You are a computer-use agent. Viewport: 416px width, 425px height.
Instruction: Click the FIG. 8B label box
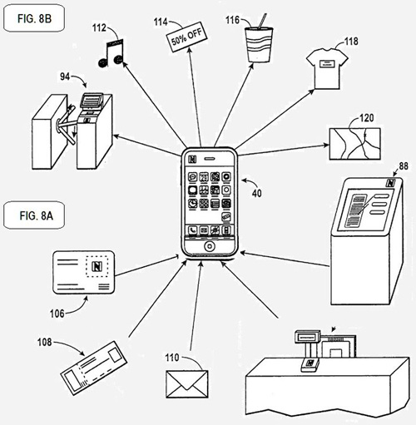coord(34,18)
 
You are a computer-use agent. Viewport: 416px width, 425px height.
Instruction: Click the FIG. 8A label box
coord(34,215)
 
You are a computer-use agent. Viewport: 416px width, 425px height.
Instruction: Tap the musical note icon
coord(111,53)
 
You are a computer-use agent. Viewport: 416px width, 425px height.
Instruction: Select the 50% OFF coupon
coord(186,37)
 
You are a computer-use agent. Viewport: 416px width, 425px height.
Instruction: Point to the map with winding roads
coord(354,144)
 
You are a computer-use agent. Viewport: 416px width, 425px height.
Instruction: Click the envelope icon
coord(187,384)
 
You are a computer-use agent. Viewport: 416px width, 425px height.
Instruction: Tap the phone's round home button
coord(210,246)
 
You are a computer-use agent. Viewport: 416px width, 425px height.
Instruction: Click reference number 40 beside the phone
coord(257,193)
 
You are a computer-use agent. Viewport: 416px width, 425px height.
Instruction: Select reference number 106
coord(57,314)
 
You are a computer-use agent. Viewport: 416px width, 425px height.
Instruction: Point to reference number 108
coord(45,342)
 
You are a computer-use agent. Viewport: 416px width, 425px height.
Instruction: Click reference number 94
coord(65,77)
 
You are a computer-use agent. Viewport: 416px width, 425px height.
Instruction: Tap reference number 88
coord(404,166)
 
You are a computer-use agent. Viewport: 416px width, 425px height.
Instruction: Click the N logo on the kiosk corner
coord(390,183)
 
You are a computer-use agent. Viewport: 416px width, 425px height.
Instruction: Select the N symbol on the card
coord(97,266)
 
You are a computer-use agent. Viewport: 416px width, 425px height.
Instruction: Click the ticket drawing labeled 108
coord(94,368)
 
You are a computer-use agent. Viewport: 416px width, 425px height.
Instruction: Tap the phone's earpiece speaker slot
coord(210,159)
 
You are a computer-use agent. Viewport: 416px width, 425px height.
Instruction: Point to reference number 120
coord(367,118)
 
